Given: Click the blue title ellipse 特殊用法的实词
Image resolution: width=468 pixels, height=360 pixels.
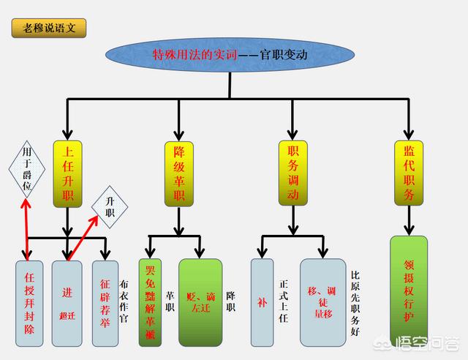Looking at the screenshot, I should pos(228,55).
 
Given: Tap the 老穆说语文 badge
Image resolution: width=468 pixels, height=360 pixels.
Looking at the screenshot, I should pos(49,29).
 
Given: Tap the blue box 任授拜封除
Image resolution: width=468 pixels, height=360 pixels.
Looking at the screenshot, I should pos(29,302).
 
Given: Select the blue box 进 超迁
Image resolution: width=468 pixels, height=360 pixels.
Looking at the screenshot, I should pos(67,302).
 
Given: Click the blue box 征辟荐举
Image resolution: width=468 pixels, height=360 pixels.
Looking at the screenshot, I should pos(105,302).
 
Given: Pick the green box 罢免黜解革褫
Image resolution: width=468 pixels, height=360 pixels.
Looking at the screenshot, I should pos(150,302).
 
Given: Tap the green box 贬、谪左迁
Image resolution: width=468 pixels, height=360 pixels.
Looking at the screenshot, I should pos(200,302).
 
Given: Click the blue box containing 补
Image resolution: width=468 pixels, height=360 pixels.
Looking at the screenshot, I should pos(262,302).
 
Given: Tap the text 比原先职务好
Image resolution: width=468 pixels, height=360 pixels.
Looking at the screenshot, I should pos(356,302).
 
